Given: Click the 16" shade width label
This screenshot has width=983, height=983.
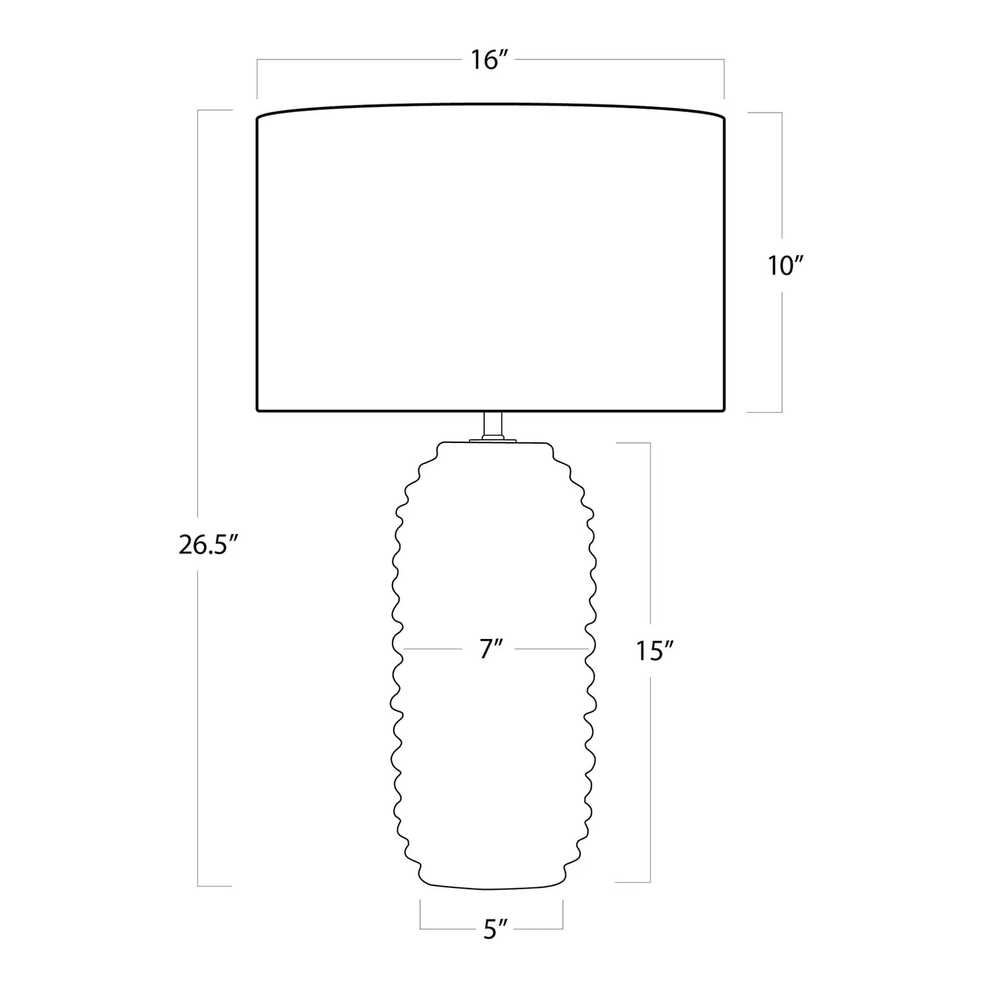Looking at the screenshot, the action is coord(490,60).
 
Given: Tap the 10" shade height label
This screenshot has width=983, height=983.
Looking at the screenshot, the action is coord(785,265).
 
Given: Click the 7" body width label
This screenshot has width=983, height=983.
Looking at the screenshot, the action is coord(491,649).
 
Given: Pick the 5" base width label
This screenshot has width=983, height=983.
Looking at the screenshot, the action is coord(495,930).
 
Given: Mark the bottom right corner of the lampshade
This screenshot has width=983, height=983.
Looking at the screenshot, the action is coord(725,411).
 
